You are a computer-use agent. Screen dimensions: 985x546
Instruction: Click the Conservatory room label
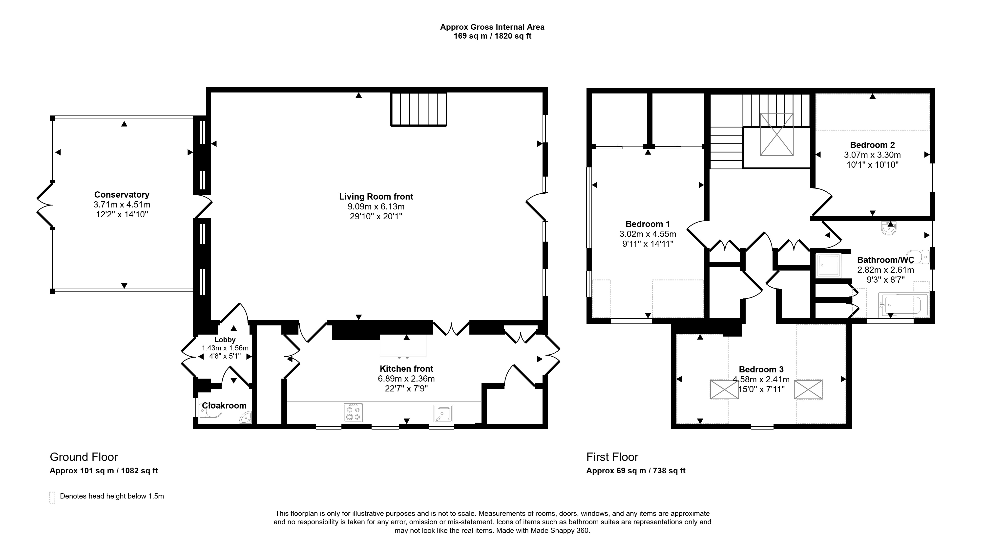[x=122, y=195]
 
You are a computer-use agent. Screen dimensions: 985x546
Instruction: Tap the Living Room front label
[x=376, y=197]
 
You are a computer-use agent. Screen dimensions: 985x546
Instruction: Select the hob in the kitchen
[x=353, y=412]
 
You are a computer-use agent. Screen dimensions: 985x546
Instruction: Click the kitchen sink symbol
[x=443, y=413]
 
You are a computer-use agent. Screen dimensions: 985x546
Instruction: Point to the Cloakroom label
[x=224, y=406]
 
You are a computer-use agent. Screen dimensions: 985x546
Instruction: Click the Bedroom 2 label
[x=872, y=145]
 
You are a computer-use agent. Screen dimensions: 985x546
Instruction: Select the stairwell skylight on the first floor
[x=776, y=134]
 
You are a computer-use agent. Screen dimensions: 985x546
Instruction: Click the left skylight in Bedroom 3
[x=724, y=389]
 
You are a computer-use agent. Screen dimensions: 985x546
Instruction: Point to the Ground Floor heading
[x=84, y=457]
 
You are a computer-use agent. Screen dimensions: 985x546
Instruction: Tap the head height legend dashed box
[x=52, y=497]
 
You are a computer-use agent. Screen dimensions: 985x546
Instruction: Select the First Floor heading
[x=612, y=457]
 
